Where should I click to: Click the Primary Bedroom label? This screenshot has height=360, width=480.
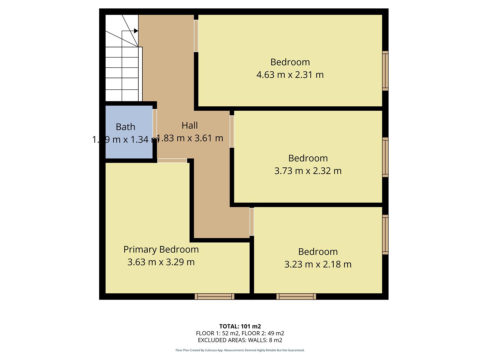[161, 249]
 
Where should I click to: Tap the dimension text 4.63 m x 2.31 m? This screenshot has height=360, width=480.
[290, 75]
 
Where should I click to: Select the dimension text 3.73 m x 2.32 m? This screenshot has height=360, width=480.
[308, 171]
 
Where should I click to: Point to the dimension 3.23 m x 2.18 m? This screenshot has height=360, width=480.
[318, 264]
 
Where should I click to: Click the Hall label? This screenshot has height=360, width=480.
[190, 125]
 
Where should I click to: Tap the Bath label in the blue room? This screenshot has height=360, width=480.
[125, 127]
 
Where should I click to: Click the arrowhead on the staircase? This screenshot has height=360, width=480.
[136, 31]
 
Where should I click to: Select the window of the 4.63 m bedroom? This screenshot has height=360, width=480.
[385, 71]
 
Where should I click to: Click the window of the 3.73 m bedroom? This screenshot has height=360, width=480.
[385, 157]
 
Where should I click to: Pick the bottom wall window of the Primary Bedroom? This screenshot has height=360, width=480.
[214, 296]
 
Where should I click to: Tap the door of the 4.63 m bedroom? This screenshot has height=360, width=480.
[196, 36]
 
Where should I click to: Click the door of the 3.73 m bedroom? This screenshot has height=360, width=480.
[232, 131]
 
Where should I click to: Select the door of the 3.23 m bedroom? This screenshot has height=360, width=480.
[252, 222]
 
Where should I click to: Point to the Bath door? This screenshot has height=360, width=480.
[155, 122]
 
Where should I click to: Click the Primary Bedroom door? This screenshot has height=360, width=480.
[172, 161]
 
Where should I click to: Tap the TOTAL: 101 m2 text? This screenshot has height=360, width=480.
[240, 326]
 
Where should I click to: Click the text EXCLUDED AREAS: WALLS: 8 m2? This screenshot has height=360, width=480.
[240, 340]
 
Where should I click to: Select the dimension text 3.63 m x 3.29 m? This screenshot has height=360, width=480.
[161, 262]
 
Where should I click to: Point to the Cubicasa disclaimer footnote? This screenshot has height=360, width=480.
[240, 350]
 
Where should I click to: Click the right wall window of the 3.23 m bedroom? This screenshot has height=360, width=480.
[385, 235]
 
